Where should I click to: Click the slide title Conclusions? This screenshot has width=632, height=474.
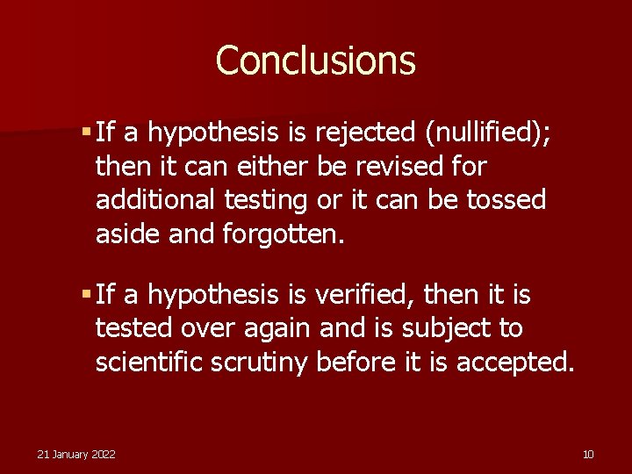315,61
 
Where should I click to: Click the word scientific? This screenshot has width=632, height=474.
149,362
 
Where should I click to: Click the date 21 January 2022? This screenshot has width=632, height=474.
76,454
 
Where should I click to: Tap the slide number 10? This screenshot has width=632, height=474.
588,454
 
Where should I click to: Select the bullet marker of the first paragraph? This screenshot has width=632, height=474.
85,132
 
